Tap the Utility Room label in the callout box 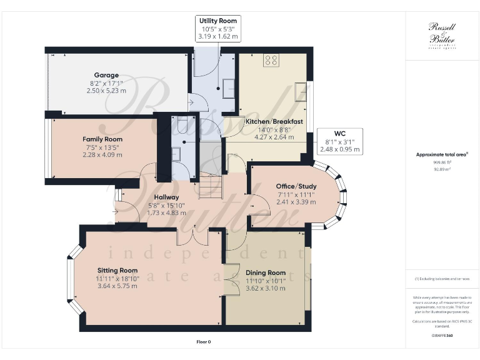(x=217, y=21)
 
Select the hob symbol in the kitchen (x=272, y=61)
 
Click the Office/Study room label (x=296, y=186)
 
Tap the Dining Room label (x=266, y=272)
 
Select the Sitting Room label (x=117, y=270)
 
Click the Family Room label (x=102, y=139)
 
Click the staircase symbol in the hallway (x=211, y=186)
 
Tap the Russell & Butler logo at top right (x=441, y=34)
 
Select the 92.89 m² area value (x=441, y=169)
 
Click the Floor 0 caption (x=203, y=342)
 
